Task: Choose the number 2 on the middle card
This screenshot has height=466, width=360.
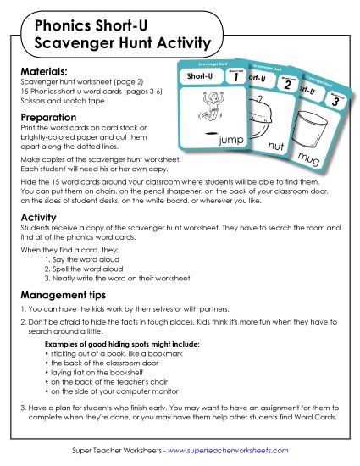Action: click(286, 84)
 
